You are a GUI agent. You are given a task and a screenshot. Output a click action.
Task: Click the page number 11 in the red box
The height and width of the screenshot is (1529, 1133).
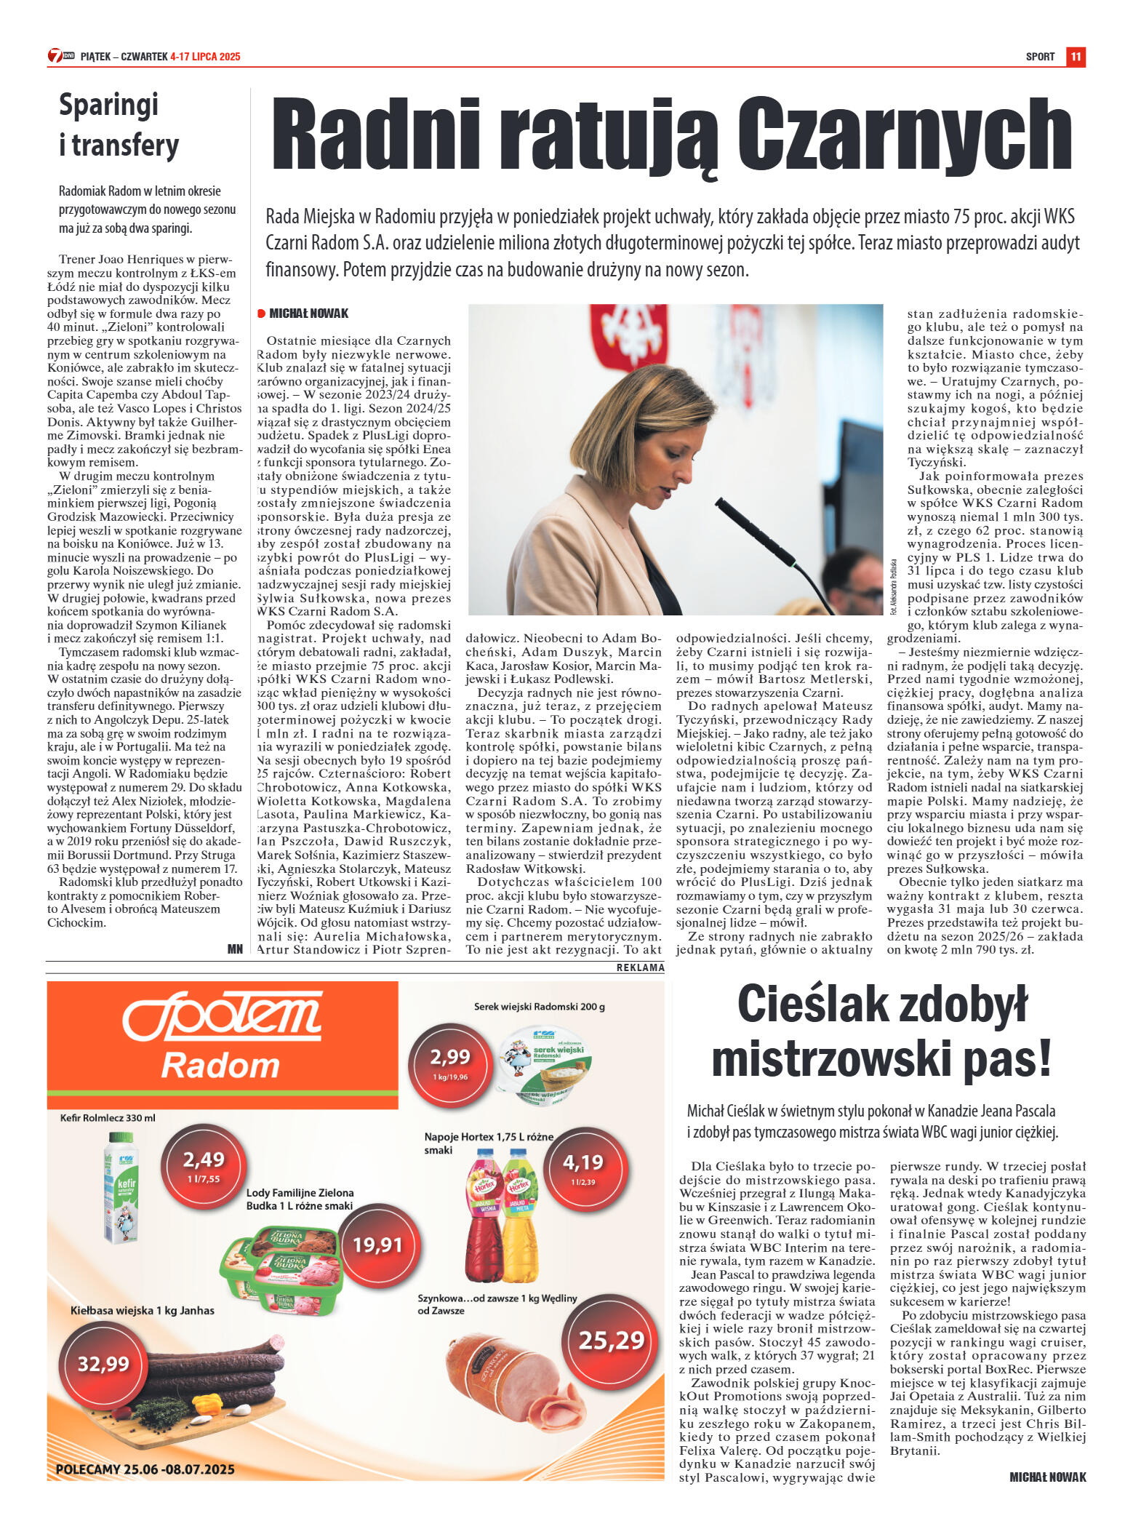click(x=1076, y=57)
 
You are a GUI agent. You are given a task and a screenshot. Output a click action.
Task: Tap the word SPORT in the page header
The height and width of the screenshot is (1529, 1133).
click(x=1040, y=57)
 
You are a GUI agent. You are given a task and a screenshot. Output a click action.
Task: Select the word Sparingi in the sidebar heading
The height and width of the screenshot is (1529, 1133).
click(x=108, y=105)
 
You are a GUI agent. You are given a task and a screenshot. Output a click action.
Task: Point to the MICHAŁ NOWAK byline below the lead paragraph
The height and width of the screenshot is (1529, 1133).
click(x=308, y=314)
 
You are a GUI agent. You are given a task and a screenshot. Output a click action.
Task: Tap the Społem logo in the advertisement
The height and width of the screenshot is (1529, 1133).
click(x=222, y=1015)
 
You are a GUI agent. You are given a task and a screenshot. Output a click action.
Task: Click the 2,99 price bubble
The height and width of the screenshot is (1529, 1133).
click(x=449, y=1061)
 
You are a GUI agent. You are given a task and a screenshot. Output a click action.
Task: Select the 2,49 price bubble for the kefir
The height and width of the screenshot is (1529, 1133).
click(x=203, y=1163)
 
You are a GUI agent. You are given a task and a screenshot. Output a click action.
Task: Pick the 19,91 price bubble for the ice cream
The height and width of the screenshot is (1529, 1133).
click(x=377, y=1245)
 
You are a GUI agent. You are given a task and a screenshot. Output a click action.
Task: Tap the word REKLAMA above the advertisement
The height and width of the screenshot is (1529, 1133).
click(x=640, y=967)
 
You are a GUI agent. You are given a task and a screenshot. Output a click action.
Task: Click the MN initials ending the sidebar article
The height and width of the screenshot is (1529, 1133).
click(x=235, y=949)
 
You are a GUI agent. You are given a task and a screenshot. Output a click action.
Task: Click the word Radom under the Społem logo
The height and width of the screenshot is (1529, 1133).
click(x=220, y=1066)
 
